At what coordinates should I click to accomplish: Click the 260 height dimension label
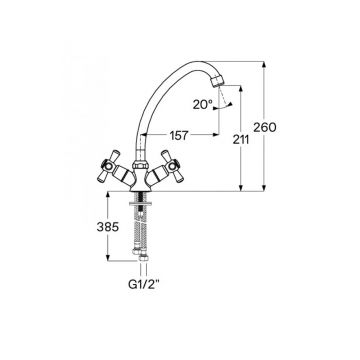[265, 128]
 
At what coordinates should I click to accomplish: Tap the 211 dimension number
[241, 140]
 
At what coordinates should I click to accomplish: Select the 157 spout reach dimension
[179, 136]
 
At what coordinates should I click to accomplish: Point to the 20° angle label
[203, 105]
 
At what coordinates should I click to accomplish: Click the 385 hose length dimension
[108, 227]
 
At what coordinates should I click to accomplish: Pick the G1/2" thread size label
[144, 284]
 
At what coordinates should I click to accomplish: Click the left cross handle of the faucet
[110, 167]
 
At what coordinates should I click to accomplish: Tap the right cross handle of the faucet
[168, 167]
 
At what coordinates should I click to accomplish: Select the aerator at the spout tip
[217, 81]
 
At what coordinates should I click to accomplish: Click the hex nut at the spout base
[139, 165]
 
